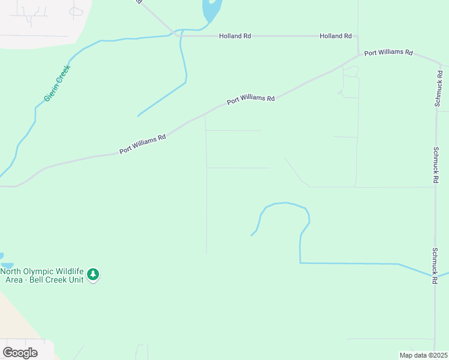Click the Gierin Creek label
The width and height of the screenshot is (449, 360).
58,83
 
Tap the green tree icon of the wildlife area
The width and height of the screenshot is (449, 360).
92,274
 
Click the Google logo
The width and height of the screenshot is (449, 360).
20,353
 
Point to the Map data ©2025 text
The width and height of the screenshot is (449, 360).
423,355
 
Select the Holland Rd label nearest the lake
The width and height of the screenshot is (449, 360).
235,36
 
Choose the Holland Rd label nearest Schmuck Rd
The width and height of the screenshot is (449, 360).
336,36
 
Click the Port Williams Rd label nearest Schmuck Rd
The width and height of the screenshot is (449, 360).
388,52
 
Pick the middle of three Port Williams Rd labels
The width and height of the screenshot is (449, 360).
250,100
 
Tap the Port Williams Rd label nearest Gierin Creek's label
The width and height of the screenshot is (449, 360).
142,145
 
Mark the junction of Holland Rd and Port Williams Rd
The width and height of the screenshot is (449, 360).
358,54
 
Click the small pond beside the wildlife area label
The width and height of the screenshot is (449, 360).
7,265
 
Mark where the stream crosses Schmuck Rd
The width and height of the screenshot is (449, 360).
435,276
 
